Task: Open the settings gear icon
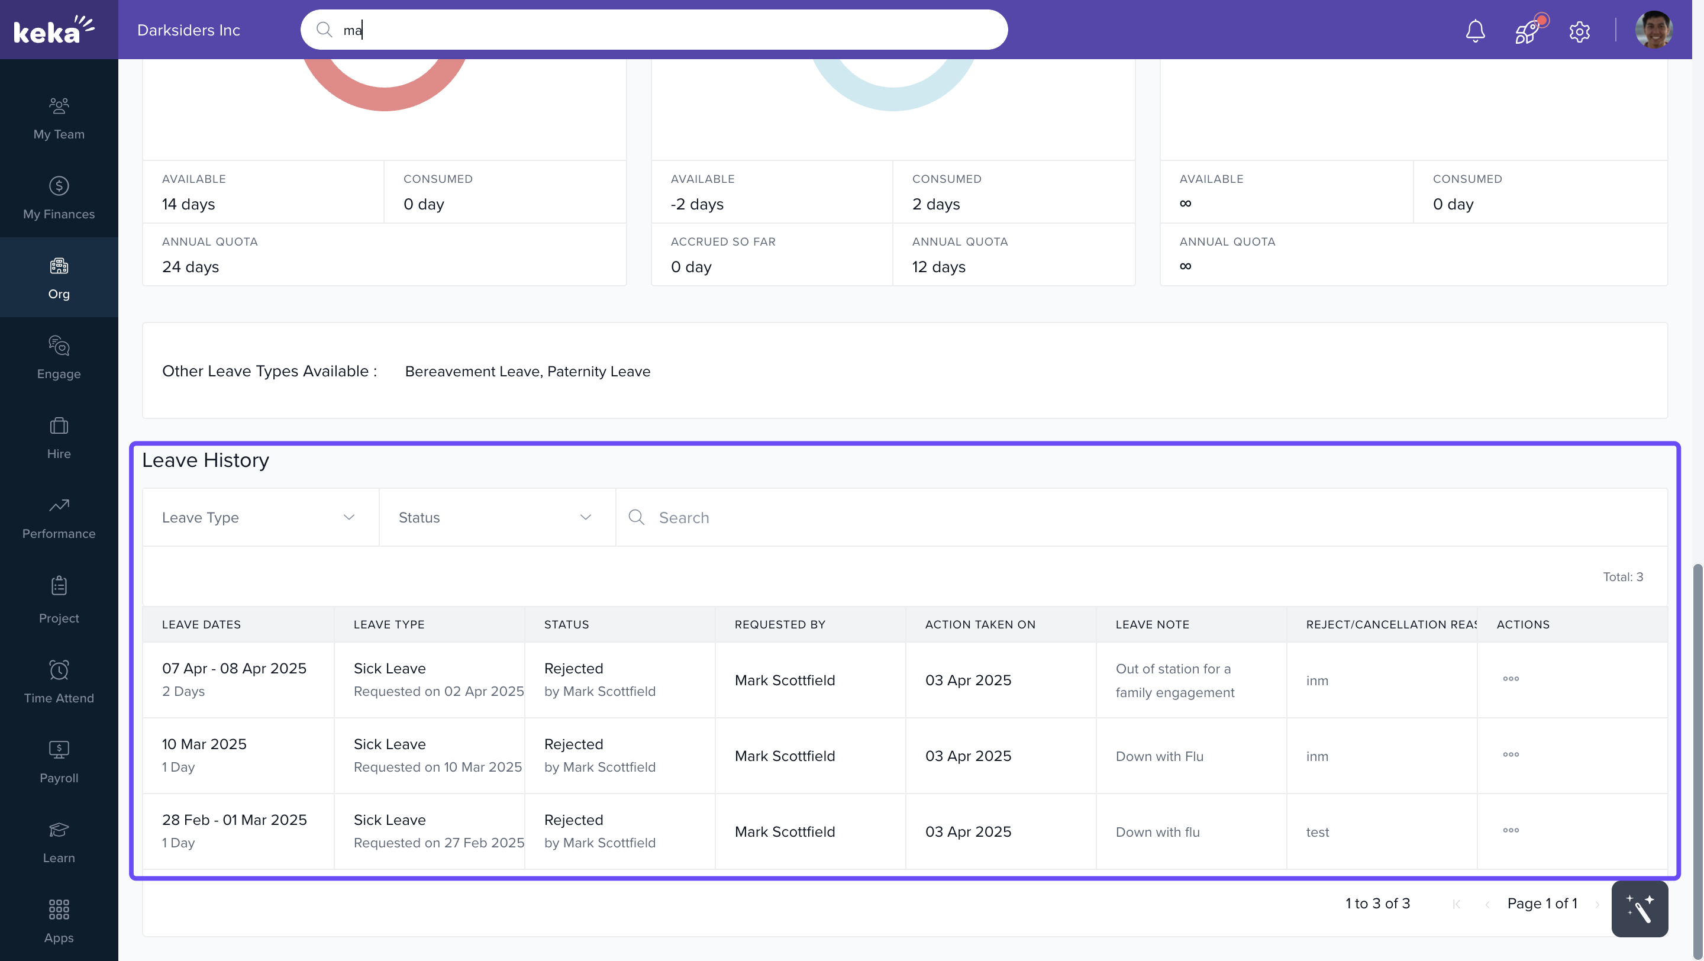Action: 1579,31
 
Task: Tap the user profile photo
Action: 1653,30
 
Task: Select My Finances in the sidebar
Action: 59,197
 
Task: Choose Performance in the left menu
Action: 59,517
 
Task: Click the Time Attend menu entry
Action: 59,681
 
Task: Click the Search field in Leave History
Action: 1125,517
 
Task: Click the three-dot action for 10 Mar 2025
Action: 1511,754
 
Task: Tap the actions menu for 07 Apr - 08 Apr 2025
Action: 1511,679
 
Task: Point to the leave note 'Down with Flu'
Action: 1159,756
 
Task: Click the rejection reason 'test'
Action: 1317,832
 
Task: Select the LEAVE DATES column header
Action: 201,624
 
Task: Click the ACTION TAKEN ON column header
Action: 980,624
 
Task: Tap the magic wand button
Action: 1639,909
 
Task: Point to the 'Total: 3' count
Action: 1622,577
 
